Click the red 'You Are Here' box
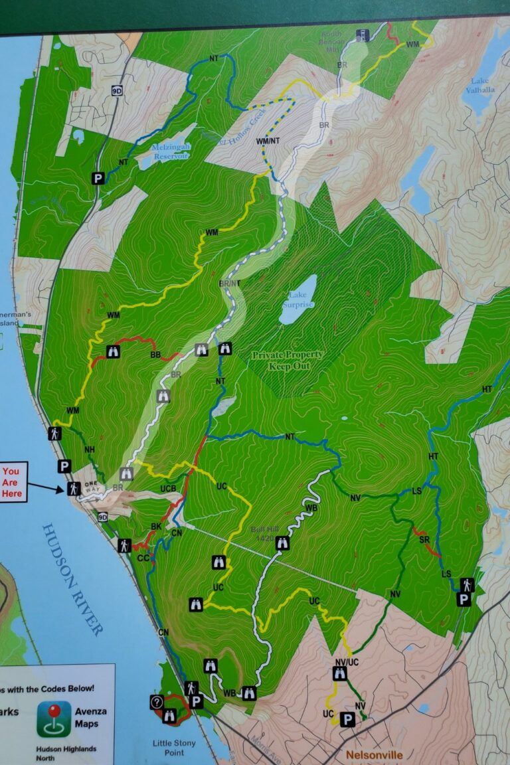point(13,482)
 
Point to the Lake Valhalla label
point(481,86)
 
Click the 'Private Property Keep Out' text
point(288,360)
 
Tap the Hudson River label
point(72,578)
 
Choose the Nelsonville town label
point(373,755)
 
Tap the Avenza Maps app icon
point(54,719)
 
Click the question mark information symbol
point(157,702)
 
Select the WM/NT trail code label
point(267,141)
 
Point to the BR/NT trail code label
point(228,284)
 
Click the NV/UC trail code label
point(347,662)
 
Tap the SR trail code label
point(424,539)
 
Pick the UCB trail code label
point(168,489)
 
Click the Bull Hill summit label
point(264,534)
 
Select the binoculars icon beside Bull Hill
point(282,543)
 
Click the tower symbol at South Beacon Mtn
point(363,35)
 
